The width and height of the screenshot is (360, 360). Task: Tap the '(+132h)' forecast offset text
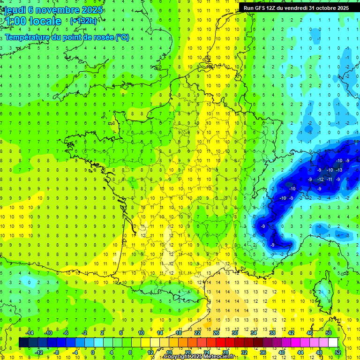pos(83,21)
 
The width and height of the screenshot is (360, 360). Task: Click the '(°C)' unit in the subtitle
pos(122,37)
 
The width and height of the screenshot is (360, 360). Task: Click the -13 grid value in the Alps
pos(338,170)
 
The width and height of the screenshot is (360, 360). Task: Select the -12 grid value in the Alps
pos(320,180)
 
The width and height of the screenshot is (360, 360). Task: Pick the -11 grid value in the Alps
pos(330,180)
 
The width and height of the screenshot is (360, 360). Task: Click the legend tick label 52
pos(338,352)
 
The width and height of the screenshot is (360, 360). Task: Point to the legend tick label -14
pos(29,333)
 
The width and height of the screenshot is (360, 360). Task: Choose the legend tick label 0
pos(93,352)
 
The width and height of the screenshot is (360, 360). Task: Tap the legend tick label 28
pos(225,352)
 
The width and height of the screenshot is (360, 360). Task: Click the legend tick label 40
pos(282,352)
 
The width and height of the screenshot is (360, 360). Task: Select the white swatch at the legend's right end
pos(333,343)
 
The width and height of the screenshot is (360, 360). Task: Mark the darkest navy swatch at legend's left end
pos(23,343)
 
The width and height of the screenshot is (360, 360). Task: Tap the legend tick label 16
pos(169,352)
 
